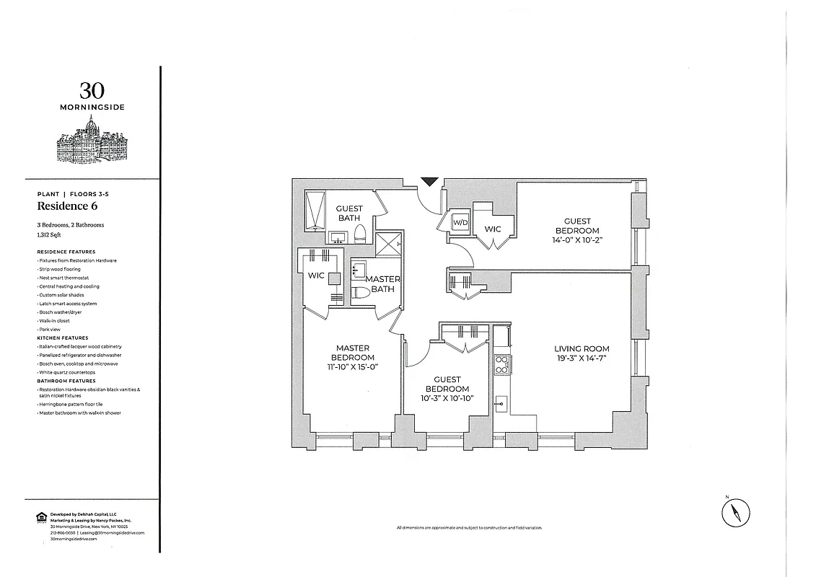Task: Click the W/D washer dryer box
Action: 460,223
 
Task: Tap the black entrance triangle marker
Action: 429,182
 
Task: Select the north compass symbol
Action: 735,514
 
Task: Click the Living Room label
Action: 582,348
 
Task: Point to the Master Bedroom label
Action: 352,353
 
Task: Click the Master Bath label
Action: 382,284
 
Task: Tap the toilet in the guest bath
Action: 361,233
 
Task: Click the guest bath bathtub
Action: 316,209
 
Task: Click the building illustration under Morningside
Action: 92,141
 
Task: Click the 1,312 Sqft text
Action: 51,234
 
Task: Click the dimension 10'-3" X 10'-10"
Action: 447,398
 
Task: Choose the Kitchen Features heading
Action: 63,338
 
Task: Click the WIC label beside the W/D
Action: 492,229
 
